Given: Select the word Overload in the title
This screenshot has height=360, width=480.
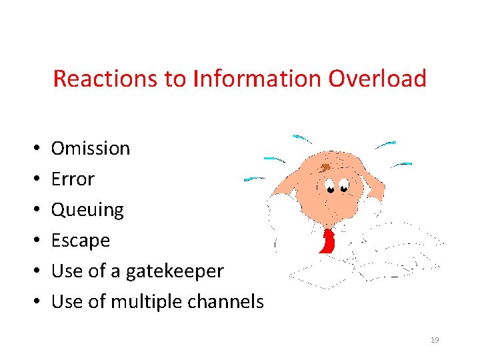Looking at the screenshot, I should [377, 79].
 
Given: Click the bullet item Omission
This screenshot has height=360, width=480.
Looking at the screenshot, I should [91, 148].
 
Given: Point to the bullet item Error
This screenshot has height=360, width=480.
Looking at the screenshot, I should [73, 179].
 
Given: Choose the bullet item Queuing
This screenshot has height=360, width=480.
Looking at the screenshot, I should [87, 210].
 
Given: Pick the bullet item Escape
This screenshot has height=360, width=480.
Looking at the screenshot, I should [81, 240].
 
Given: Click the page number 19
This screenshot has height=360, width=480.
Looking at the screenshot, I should [435, 340].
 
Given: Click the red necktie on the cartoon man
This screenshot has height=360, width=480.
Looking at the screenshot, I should [327, 241].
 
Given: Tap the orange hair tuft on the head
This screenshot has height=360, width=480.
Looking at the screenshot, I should [324, 167].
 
